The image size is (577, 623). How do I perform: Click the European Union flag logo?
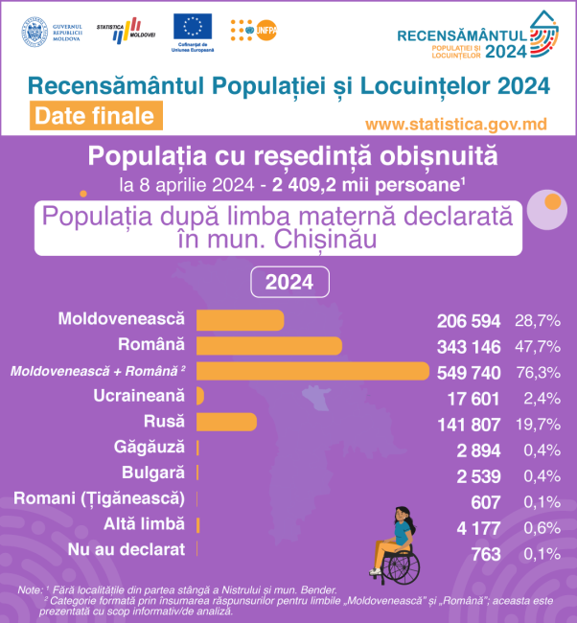point(194,27)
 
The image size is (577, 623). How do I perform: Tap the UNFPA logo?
point(256,31)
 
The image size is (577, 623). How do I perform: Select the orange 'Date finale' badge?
point(93,116)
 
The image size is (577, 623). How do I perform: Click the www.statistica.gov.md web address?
point(455,125)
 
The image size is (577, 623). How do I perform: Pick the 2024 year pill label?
point(288,282)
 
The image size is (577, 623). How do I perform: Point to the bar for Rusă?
point(226,422)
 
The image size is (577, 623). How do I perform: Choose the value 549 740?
point(469,371)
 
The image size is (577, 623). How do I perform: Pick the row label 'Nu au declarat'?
point(126,549)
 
